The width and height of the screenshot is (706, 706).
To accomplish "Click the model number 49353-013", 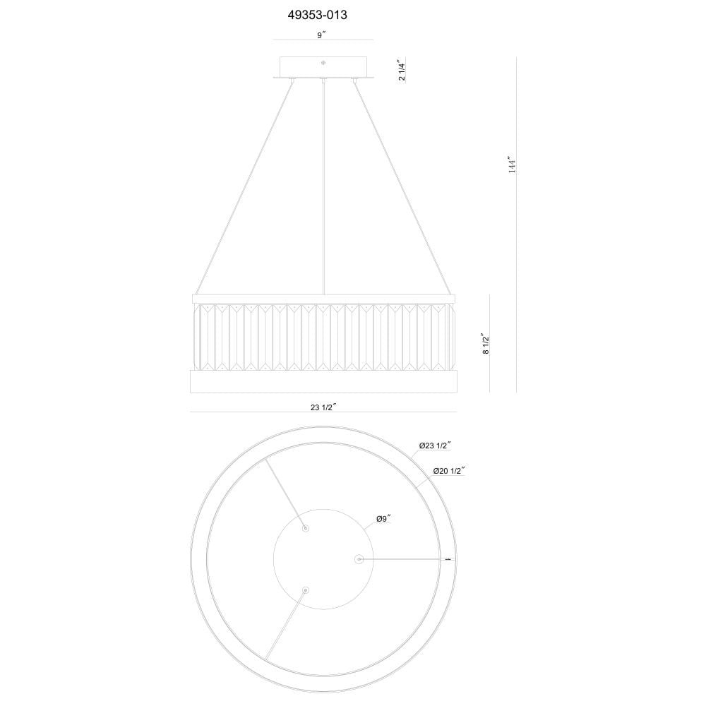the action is click(x=318, y=16).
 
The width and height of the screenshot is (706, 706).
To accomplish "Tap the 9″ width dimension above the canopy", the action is click(x=321, y=35).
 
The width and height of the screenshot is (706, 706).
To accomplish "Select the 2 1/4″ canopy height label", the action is click(x=402, y=69).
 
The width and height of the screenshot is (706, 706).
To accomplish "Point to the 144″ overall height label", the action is click(x=512, y=165).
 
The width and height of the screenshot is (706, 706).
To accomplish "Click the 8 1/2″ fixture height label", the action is click(x=486, y=344).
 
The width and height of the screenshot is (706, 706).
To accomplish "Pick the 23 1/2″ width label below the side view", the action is click(x=324, y=407).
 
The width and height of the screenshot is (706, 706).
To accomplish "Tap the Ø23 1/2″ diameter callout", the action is click(x=436, y=445).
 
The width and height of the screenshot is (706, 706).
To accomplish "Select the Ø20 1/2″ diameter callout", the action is click(x=449, y=471).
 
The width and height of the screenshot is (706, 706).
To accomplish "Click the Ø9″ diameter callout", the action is click(x=383, y=518).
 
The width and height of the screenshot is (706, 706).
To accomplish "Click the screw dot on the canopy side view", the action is click(x=323, y=63).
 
